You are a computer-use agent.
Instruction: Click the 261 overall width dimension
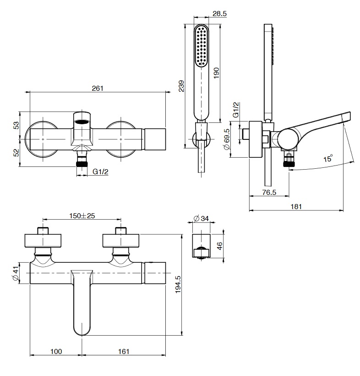click(98, 88)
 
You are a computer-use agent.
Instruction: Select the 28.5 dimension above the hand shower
click(220, 14)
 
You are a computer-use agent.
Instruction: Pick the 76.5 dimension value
click(269, 193)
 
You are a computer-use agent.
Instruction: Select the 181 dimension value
click(296, 206)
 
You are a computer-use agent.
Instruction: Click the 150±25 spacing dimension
click(82, 216)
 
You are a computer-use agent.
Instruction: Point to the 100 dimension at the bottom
click(56, 351)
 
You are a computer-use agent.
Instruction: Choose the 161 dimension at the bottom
click(124, 351)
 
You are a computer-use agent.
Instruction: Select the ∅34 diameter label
click(202, 219)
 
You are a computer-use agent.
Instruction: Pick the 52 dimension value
click(16, 152)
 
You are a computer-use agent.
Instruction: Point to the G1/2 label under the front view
click(100, 171)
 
